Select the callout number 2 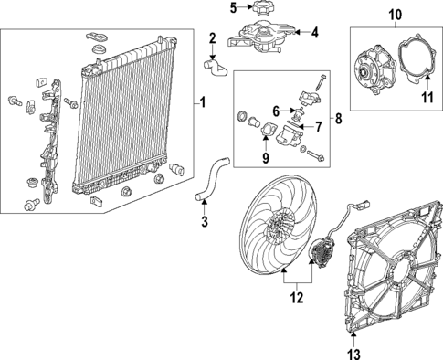click(x=212, y=37)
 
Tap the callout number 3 click(x=205, y=221)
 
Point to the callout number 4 click(x=314, y=34)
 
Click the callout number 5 click(x=233, y=8)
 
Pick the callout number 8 click(x=339, y=118)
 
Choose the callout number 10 click(x=395, y=14)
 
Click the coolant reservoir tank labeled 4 click(x=265, y=41)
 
